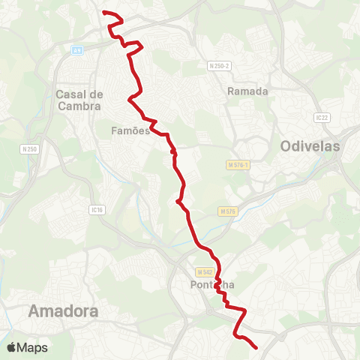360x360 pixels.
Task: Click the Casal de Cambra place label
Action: coord(79,100)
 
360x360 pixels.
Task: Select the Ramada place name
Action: coord(247,91)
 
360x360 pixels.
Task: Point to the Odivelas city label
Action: coord(310,146)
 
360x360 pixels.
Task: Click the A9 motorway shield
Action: coord(76,50)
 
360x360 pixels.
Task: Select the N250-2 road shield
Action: coord(218,66)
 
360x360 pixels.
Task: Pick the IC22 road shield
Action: coord(322,117)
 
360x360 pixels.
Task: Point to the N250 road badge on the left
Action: coord(30,148)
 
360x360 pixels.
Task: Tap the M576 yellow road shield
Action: coord(229,212)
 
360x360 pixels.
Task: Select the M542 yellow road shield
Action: coord(206,271)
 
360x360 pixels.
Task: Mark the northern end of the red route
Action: coord(103,13)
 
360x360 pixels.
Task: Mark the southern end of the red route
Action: coord(256,347)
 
